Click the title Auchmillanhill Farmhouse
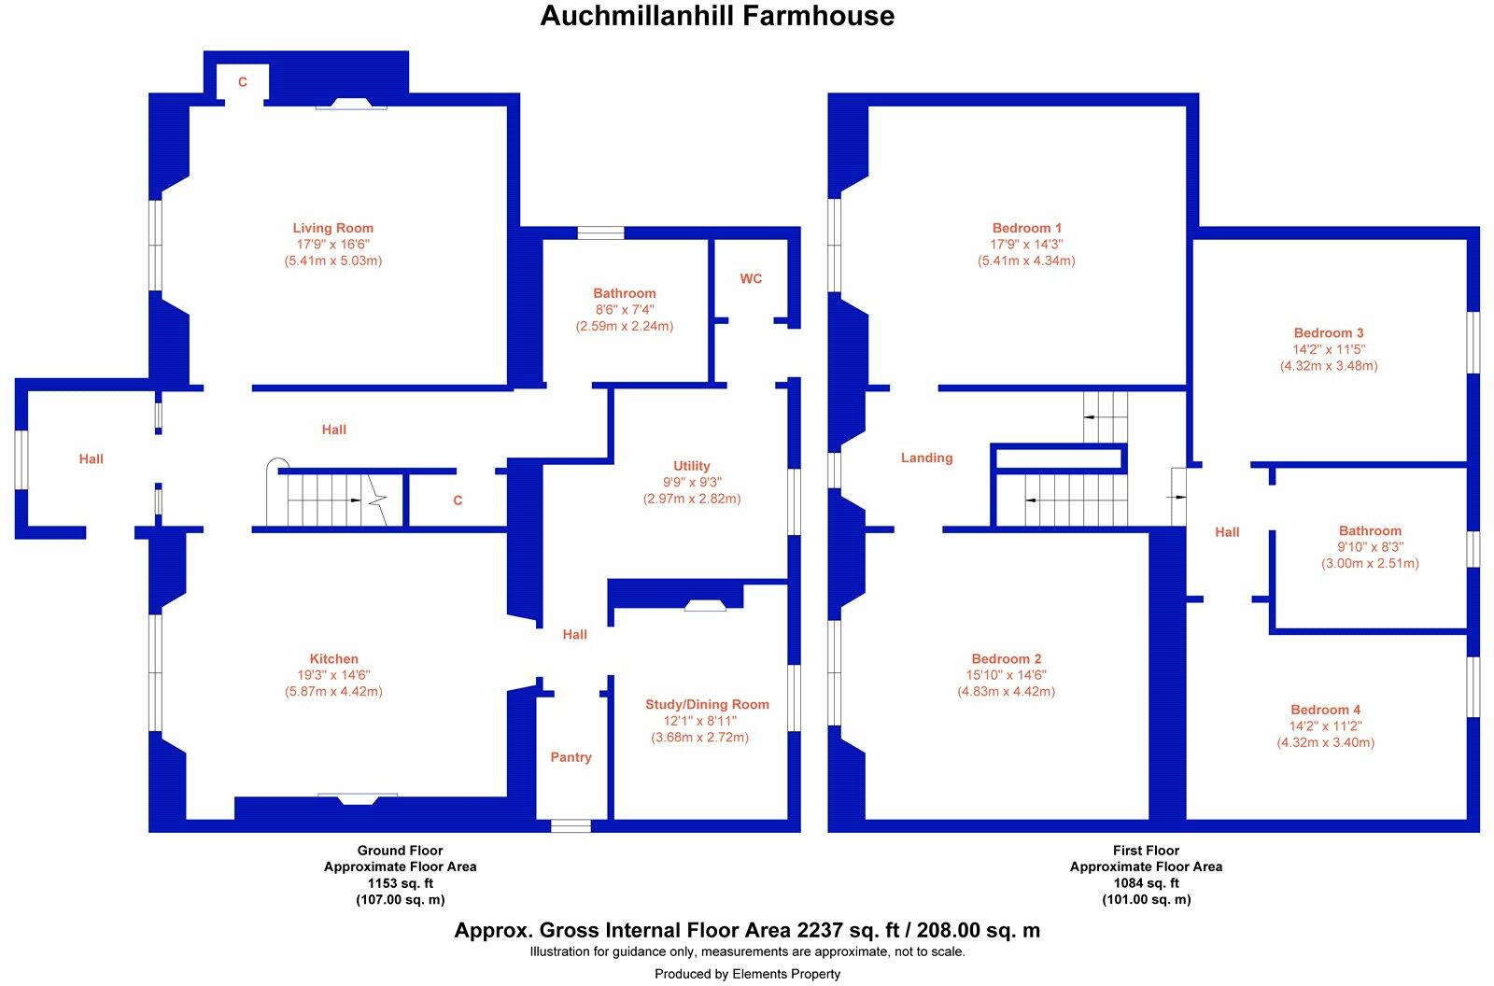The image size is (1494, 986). (x=717, y=16)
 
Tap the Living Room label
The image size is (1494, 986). (x=332, y=228)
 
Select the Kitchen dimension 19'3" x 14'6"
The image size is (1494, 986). (x=333, y=675)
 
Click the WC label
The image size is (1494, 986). (x=751, y=278)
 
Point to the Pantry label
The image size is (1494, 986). (x=571, y=757)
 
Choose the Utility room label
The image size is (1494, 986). (x=691, y=466)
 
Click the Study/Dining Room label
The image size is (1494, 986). (x=707, y=704)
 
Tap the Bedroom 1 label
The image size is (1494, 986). (x=1026, y=228)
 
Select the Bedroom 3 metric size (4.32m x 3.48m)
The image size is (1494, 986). (x=1328, y=366)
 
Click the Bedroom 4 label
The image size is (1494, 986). (x=1325, y=710)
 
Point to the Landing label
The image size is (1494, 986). (x=926, y=458)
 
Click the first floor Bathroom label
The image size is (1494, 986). (x=1370, y=530)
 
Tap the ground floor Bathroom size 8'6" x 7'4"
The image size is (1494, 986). (x=624, y=310)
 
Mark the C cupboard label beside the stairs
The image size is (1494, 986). (x=458, y=500)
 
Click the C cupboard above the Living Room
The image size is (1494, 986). (x=243, y=82)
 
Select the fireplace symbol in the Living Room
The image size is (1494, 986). (x=351, y=104)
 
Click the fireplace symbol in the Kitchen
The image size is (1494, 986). (x=358, y=797)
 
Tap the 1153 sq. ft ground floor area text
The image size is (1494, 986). (x=400, y=883)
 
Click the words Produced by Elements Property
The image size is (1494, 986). (x=747, y=974)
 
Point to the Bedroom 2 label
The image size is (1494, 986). (x=1006, y=658)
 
